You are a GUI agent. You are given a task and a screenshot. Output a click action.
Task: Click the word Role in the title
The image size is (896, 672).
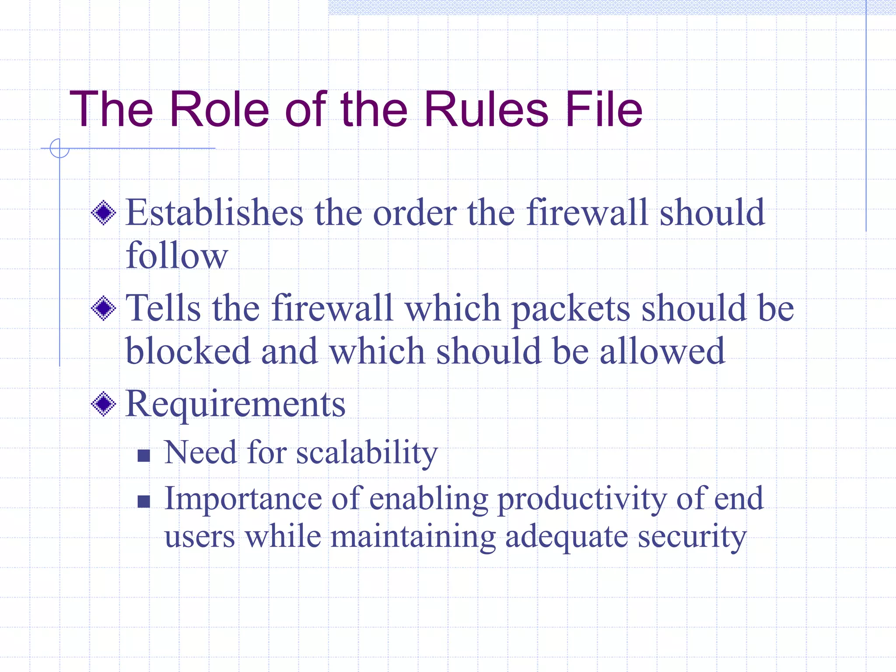(219, 109)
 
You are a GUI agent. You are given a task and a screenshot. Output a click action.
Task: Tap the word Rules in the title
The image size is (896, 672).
(486, 109)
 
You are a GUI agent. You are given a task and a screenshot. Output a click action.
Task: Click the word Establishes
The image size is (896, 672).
(214, 213)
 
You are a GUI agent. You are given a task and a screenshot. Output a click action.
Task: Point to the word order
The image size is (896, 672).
(415, 213)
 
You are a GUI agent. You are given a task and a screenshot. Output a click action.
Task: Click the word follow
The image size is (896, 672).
(177, 255)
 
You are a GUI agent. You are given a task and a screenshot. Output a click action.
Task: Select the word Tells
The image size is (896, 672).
(163, 308)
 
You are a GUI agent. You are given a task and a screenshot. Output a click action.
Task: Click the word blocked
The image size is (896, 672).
(187, 351)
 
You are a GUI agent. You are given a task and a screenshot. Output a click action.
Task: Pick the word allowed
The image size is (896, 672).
(662, 351)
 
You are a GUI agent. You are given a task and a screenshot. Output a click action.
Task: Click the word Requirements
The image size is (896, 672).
(235, 404)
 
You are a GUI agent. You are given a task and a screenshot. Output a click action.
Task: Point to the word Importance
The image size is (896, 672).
(243, 499)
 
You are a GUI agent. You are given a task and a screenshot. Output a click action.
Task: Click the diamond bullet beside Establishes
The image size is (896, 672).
(104, 213)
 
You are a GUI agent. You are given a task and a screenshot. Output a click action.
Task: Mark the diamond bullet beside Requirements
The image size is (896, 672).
(104, 404)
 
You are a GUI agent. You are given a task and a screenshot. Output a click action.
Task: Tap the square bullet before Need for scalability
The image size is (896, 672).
(143, 456)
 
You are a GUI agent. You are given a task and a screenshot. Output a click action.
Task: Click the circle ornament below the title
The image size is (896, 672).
(59, 148)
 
